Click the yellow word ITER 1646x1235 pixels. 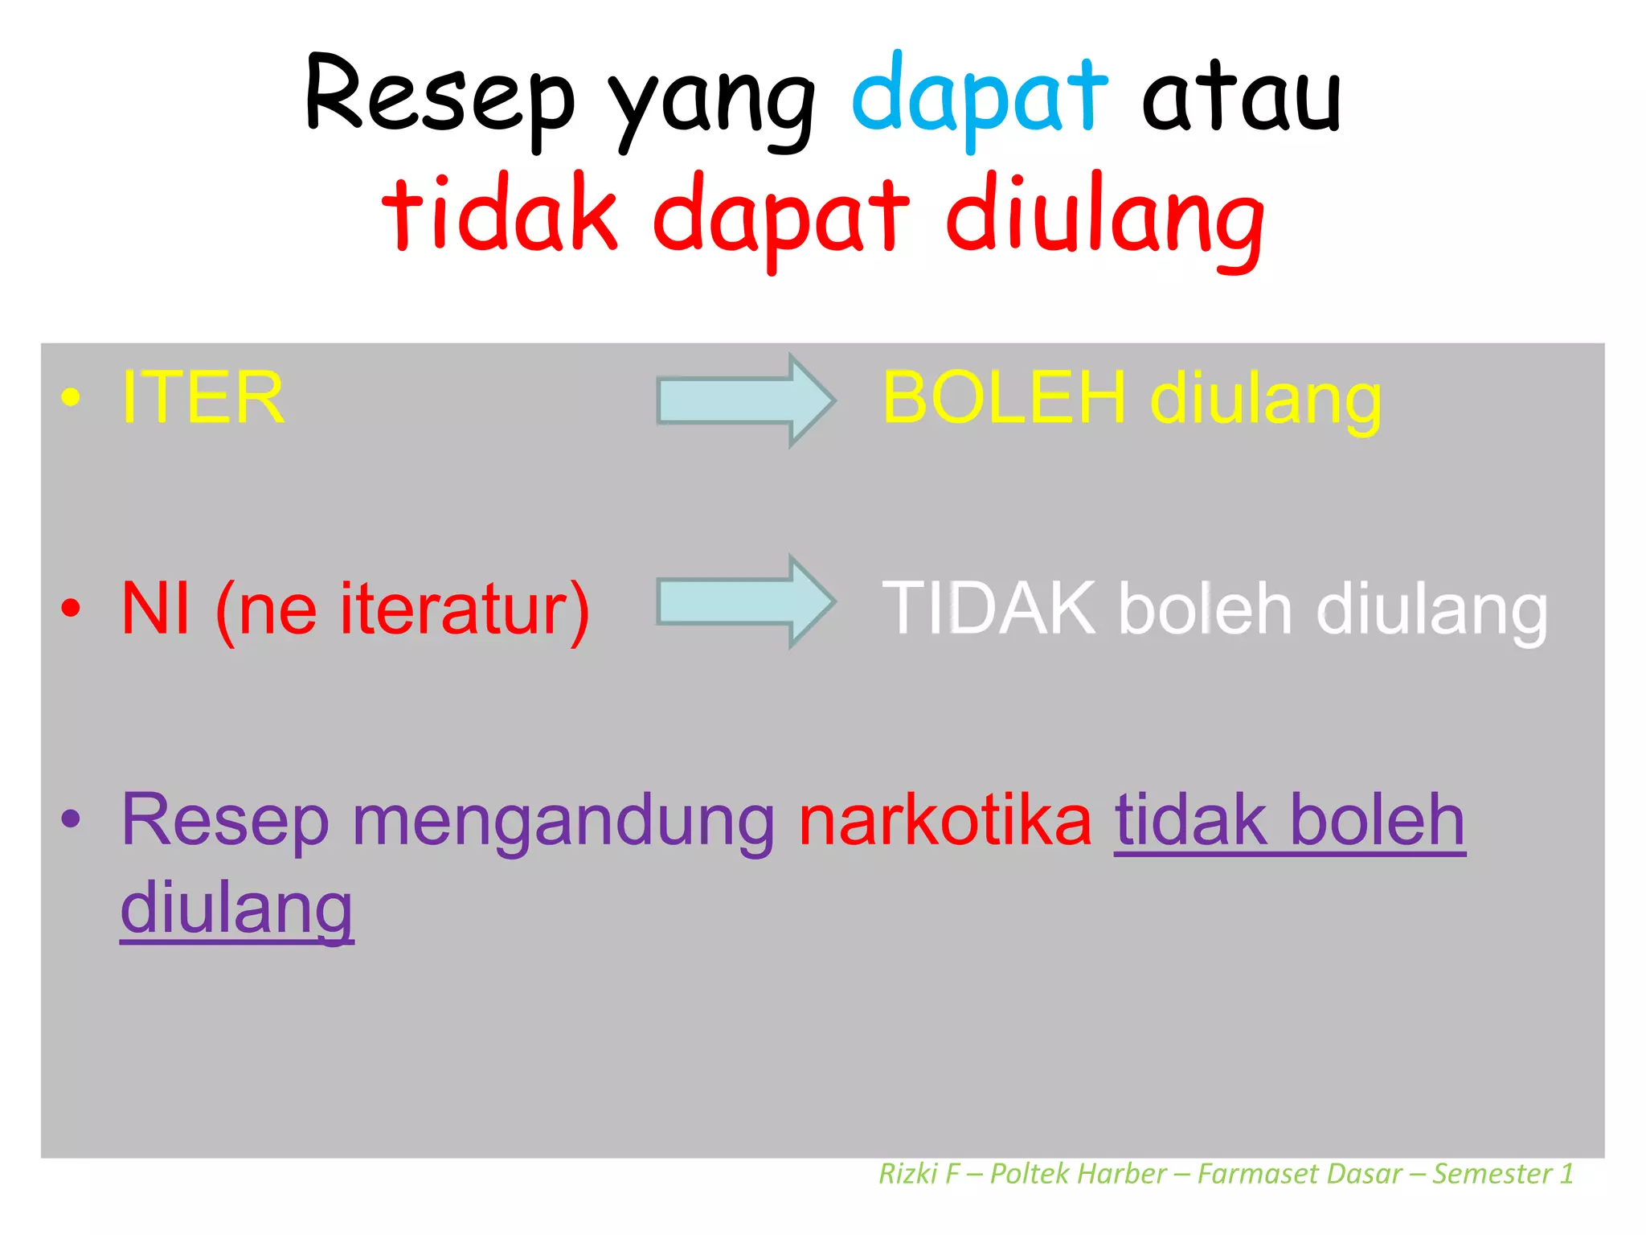(203, 397)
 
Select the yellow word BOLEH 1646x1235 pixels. (1004, 397)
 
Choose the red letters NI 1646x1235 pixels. (156, 609)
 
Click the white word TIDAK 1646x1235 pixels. (989, 609)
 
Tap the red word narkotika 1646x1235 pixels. (945, 821)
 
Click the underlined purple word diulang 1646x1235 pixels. (237, 909)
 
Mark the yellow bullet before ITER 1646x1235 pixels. (71, 397)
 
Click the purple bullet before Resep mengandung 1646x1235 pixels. (71, 819)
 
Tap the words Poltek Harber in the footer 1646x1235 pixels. (1078, 1174)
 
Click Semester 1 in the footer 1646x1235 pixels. (1502, 1174)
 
